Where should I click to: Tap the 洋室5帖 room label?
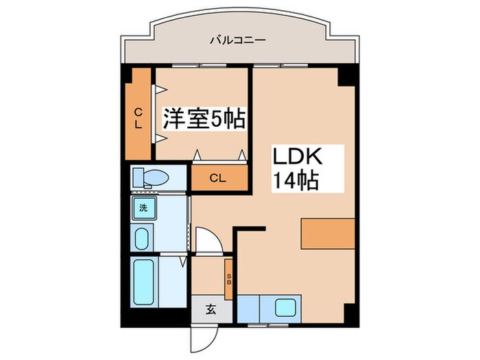pyautogui.click(x=204, y=119)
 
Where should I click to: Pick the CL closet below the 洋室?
pyautogui.click(x=217, y=178)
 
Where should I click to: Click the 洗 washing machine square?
pyautogui.click(x=144, y=208)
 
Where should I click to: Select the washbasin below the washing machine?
pyautogui.click(x=143, y=239)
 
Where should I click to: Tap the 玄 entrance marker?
pyautogui.click(x=211, y=309)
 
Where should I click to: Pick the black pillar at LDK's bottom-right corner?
pyautogui.click(x=350, y=317)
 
